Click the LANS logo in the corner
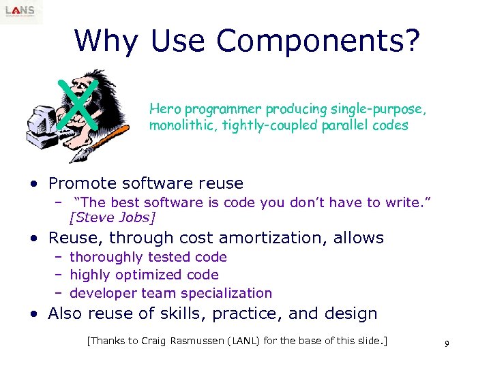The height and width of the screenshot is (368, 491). [21, 12]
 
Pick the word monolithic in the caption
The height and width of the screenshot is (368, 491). [179, 125]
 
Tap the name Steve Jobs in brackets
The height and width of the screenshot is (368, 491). [113, 217]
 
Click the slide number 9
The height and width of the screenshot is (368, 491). [446, 344]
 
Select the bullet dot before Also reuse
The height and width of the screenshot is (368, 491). [33, 314]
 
